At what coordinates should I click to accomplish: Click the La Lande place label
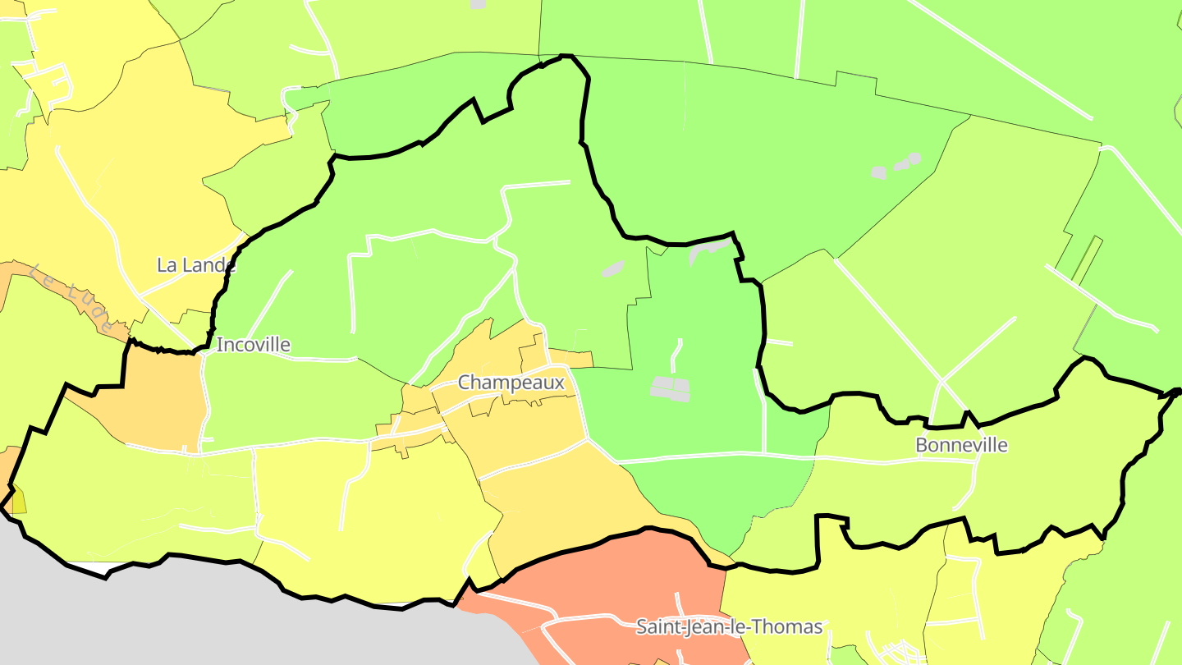tap(196, 265)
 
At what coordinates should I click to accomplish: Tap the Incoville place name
tap(253, 345)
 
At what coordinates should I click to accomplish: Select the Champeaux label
tap(511, 383)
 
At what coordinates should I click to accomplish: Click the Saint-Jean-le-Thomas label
tap(729, 627)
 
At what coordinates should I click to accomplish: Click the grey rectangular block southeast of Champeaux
tap(670, 388)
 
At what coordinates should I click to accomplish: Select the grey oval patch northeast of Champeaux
tap(613, 268)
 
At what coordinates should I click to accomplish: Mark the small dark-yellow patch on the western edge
tap(18, 501)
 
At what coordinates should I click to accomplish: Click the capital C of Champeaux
tap(465, 383)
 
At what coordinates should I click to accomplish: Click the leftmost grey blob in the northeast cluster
tap(878, 173)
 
